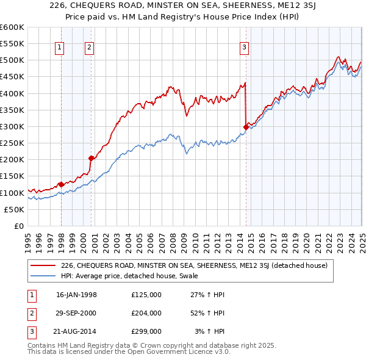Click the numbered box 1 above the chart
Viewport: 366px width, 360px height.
(x=60, y=48)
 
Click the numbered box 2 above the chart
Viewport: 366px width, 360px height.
(x=89, y=48)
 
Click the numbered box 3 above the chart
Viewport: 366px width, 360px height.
(x=244, y=48)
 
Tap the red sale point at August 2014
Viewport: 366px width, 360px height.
(x=246, y=127)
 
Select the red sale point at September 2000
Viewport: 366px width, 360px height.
(x=91, y=158)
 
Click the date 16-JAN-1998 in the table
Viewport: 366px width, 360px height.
(x=76, y=295)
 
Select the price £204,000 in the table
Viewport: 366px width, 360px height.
(x=146, y=313)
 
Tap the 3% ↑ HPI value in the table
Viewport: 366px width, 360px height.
(x=209, y=331)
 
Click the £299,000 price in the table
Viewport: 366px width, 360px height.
(x=146, y=331)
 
